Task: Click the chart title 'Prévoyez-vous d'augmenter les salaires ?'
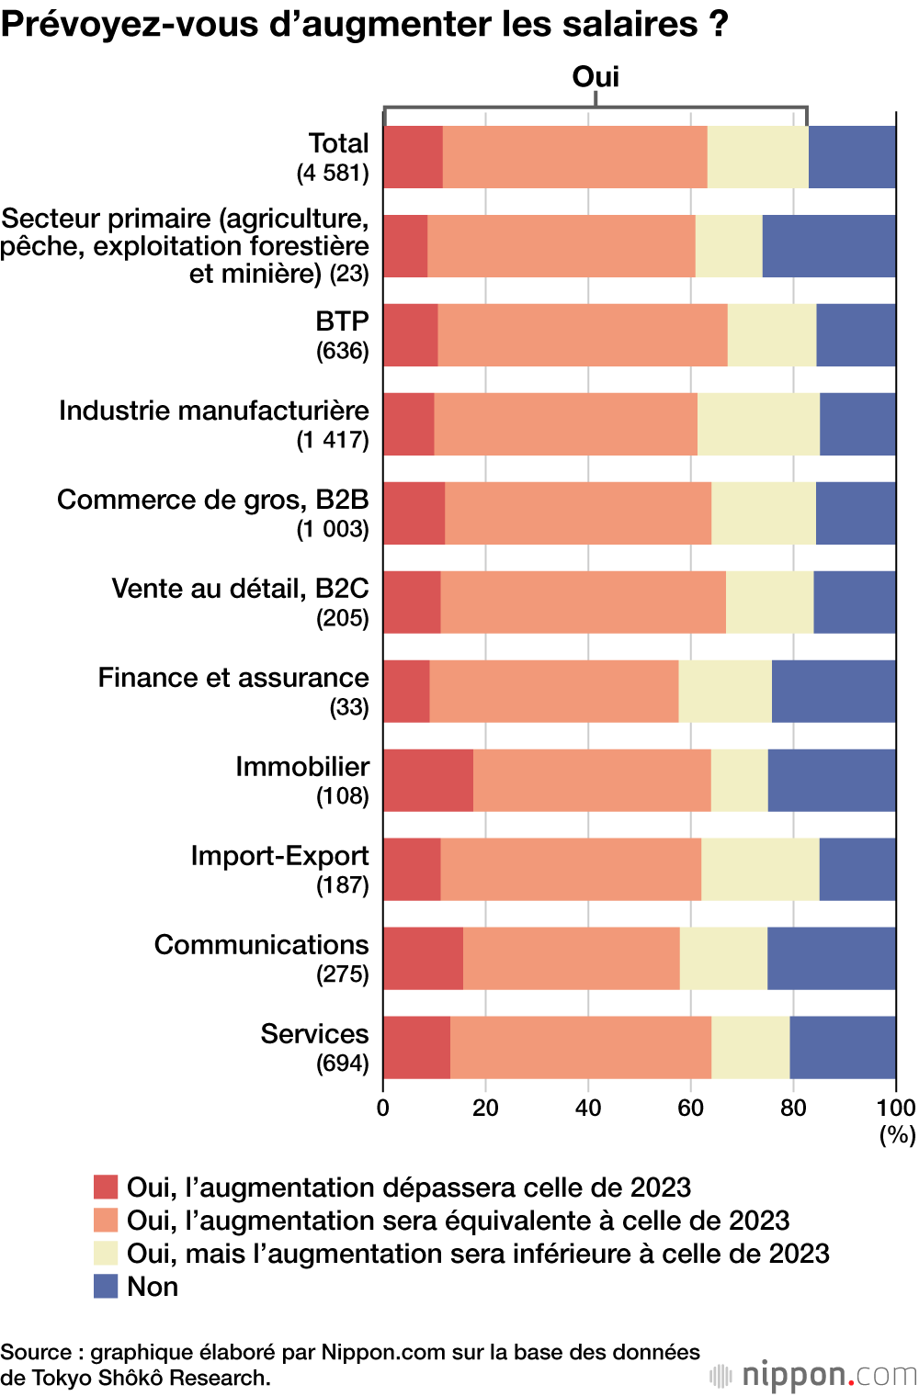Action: [364, 24]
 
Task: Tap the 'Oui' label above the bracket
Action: [596, 76]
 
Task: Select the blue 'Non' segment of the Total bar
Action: [852, 157]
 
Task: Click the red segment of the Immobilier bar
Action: [428, 781]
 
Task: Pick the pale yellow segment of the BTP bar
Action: [771, 335]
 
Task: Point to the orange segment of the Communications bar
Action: [571, 959]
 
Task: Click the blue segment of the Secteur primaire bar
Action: [828, 246]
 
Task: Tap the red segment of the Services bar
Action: [416, 1048]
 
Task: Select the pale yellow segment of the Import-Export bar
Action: [760, 870]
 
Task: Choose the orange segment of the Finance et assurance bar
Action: [553, 692]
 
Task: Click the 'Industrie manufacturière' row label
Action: [214, 411]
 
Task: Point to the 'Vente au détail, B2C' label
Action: [240, 589]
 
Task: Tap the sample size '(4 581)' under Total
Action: [332, 173]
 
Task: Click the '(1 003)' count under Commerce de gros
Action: [332, 529]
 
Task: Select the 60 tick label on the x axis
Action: [690, 1108]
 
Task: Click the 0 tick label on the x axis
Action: [383, 1108]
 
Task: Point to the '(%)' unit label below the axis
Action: [897, 1135]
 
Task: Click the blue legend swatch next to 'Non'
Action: [106, 1286]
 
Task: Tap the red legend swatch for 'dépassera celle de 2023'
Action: [106, 1187]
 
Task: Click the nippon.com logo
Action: [814, 1375]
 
